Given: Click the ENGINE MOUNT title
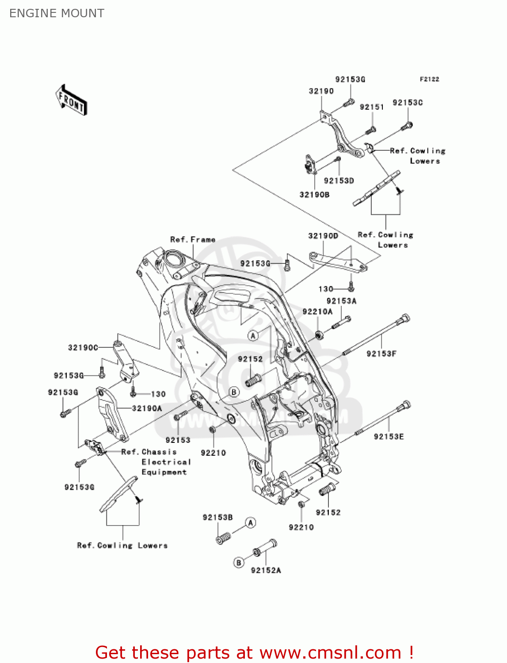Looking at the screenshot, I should click(57, 13).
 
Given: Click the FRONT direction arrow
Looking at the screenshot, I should click(71, 100).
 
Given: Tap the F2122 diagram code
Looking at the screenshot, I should click(429, 79).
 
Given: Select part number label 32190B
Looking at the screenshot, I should click(314, 194).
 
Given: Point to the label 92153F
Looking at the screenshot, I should click(381, 354).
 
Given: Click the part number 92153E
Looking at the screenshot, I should click(389, 437).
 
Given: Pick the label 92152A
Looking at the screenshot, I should click(266, 571).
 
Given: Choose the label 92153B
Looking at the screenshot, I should click(217, 518).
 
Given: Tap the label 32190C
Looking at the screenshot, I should click(83, 348).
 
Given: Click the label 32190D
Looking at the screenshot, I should click(323, 236).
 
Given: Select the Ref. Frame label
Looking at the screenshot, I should click(193, 240).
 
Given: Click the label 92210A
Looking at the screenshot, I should click(317, 312).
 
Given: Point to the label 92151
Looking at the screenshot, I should click(372, 107).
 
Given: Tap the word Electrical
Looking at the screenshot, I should click(166, 462).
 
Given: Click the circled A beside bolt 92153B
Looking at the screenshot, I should click(251, 523).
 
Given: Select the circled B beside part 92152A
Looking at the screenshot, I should click(239, 563).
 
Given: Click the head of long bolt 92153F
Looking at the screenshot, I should click(405, 318).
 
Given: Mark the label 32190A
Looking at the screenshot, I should click(147, 408).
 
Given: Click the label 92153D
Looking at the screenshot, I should click(339, 181).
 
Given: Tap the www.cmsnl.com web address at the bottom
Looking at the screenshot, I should click(330, 653).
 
